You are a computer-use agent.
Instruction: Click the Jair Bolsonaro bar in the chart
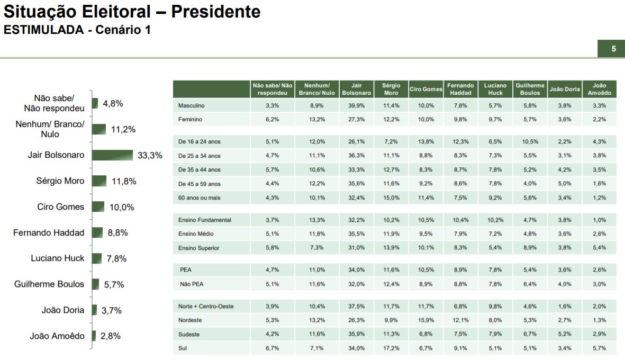pyautogui.click(x=112, y=155)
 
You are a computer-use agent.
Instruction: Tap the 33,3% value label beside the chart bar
pyautogui.click(x=150, y=156)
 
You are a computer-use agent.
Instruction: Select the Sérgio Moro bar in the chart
pyautogui.click(x=99, y=181)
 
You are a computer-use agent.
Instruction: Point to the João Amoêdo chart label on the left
pyautogui.click(x=57, y=336)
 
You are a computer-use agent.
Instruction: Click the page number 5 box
pyautogui.click(x=613, y=49)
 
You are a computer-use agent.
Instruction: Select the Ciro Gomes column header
pyautogui.click(x=425, y=89)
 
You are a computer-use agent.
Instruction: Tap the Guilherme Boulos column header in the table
pyautogui.click(x=530, y=89)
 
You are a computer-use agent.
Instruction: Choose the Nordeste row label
pyautogui.click(x=190, y=320)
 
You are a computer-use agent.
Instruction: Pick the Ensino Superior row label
pyautogui.click(x=198, y=248)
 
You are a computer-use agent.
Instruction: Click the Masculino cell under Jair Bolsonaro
pyautogui.click(x=356, y=106)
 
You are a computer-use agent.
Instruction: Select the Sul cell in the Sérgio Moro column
pyautogui.click(x=391, y=348)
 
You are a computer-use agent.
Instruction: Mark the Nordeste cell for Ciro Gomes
pyautogui.click(x=425, y=320)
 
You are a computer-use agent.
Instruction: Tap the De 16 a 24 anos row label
pyautogui.click(x=200, y=142)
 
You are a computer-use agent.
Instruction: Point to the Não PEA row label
pyautogui.click(x=192, y=284)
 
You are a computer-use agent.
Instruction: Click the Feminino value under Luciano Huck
pyautogui.click(x=495, y=120)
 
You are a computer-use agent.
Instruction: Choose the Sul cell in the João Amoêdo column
pyautogui.click(x=599, y=348)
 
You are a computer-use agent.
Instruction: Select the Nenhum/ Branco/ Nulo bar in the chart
pyautogui.click(x=98, y=129)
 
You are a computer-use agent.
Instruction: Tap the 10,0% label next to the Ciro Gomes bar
pyautogui.click(x=122, y=207)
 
